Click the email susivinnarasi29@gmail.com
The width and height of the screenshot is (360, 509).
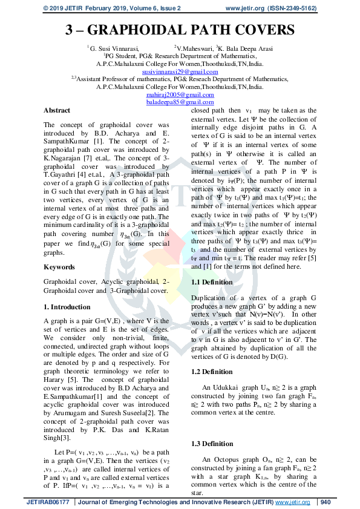coord(180,72)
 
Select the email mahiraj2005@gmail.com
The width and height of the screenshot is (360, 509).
coord(180,95)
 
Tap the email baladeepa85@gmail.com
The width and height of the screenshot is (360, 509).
coord(180,102)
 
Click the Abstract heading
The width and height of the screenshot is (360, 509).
coord(57,111)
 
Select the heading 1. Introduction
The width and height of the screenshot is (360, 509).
coord(67,306)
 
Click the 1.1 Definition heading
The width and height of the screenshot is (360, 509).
coord(212,283)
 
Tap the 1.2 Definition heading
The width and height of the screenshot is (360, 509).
coord(212,372)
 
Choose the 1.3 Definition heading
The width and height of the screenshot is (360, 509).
coord(212,444)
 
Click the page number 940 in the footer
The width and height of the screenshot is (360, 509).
coord(326,502)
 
